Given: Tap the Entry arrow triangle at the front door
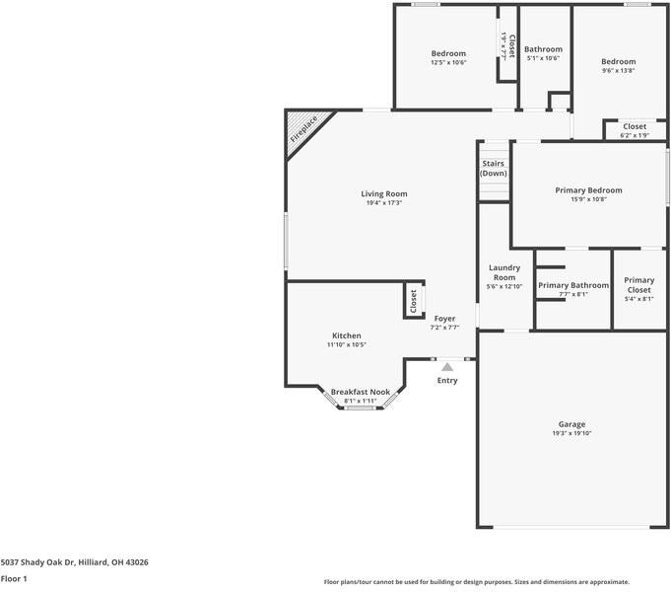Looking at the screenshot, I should [446, 367].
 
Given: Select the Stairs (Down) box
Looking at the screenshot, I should [494, 169].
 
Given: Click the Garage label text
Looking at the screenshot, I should [571, 423].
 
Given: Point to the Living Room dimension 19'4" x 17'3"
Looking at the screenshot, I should [384, 203].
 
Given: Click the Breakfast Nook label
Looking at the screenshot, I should [360, 392].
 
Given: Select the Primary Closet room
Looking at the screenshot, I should [638, 285].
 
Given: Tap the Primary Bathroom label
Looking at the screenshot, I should [573, 285].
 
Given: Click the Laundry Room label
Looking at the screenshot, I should [504, 272].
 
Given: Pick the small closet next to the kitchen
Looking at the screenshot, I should [413, 301].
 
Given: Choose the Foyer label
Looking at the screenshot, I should [444, 319].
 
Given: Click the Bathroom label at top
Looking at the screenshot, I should [543, 49].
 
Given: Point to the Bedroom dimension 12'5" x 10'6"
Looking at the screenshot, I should [448, 62].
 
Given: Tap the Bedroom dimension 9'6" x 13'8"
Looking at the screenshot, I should [619, 70].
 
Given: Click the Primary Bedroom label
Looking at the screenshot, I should [588, 189].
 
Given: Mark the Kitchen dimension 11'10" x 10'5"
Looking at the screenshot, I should [346, 344].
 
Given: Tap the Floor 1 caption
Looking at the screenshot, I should [14, 579].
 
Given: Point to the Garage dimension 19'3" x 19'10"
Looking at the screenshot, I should [571, 433].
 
